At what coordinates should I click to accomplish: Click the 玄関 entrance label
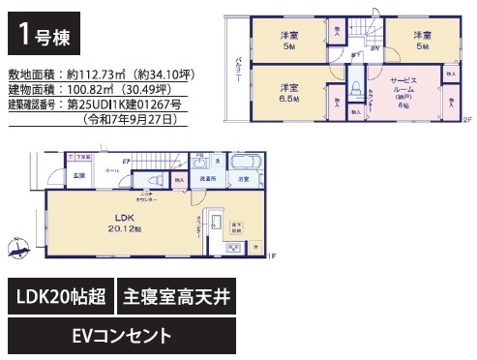[78, 175]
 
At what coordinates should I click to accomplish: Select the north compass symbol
[18, 249]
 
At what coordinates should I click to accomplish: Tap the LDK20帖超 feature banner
[61, 298]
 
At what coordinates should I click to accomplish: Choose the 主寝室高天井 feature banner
[176, 298]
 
